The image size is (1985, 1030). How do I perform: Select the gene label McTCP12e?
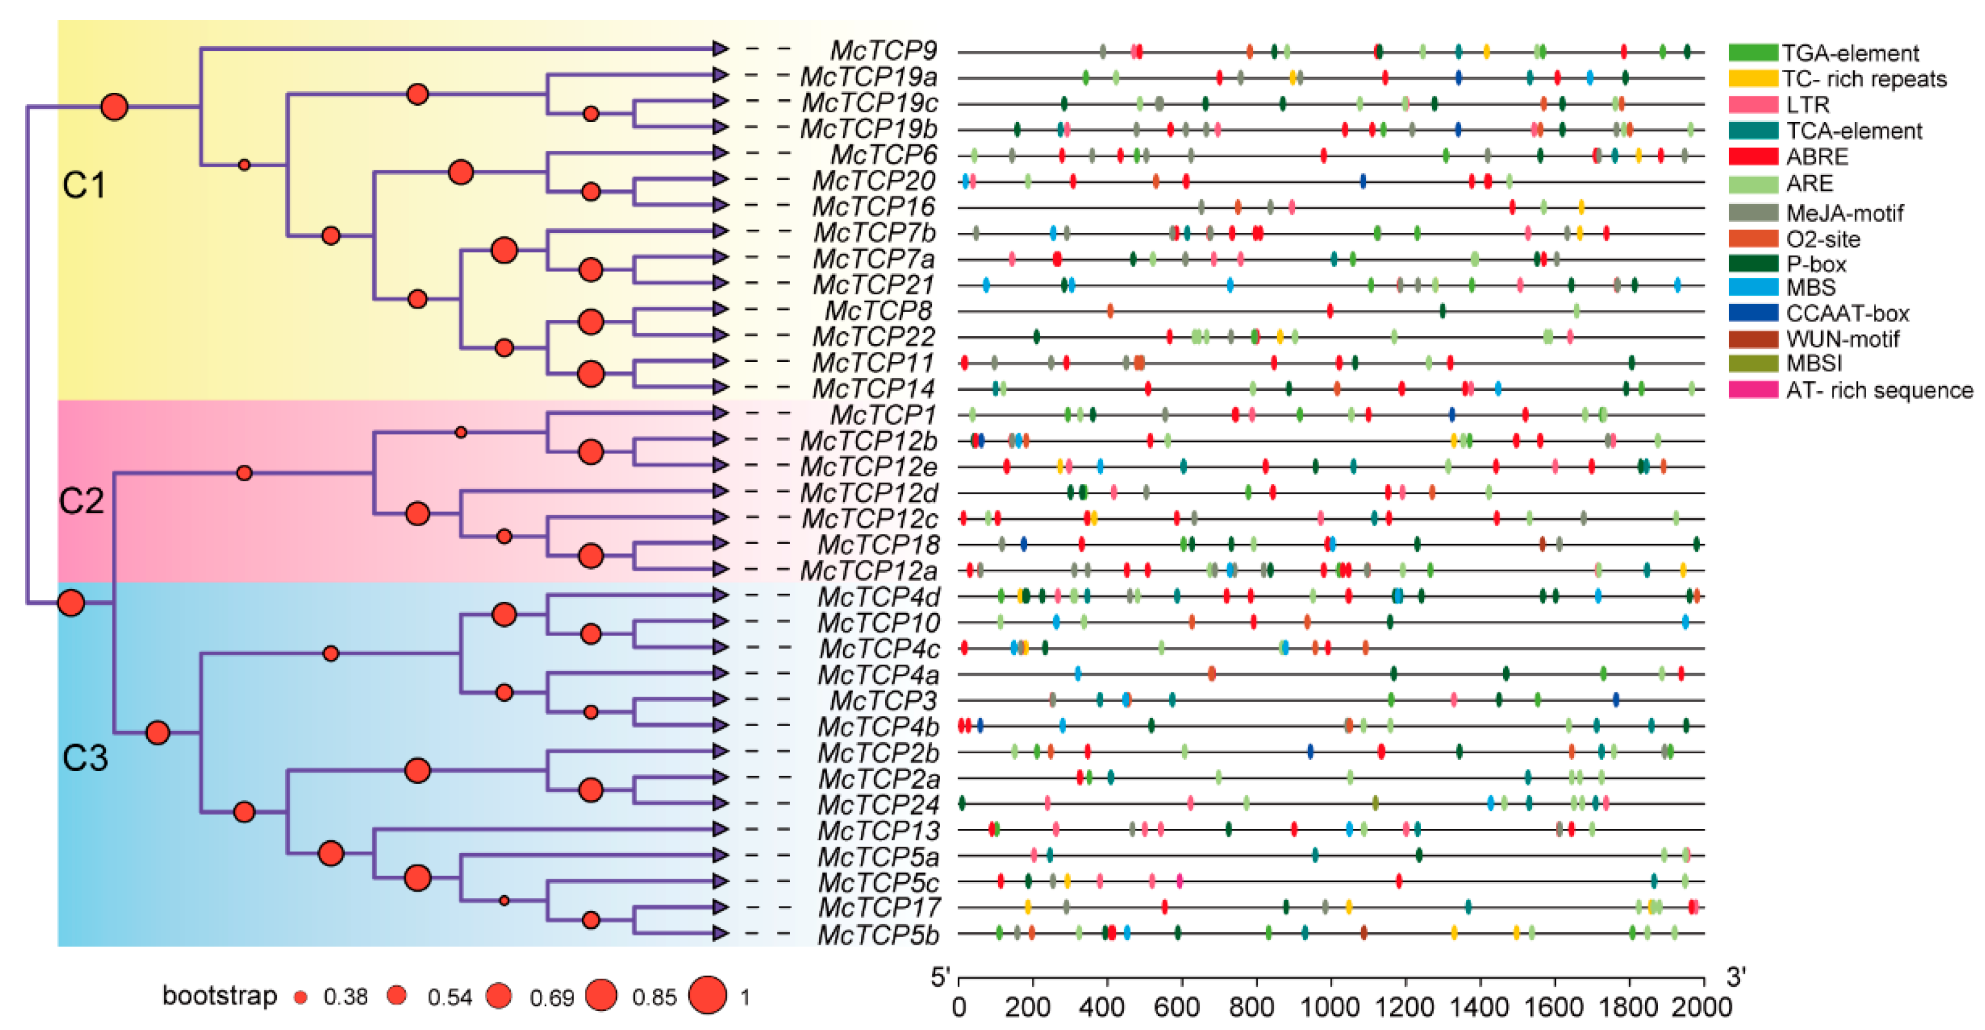869,467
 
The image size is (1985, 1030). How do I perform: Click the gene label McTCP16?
873,206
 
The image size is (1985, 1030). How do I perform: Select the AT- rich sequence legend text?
1879,391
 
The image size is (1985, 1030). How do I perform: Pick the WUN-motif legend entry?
1842,339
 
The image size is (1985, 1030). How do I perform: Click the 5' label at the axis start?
940,977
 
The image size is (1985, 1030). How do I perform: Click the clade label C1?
83,186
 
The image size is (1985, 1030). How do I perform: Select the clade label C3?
85,758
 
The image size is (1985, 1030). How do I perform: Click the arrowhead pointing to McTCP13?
720,829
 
